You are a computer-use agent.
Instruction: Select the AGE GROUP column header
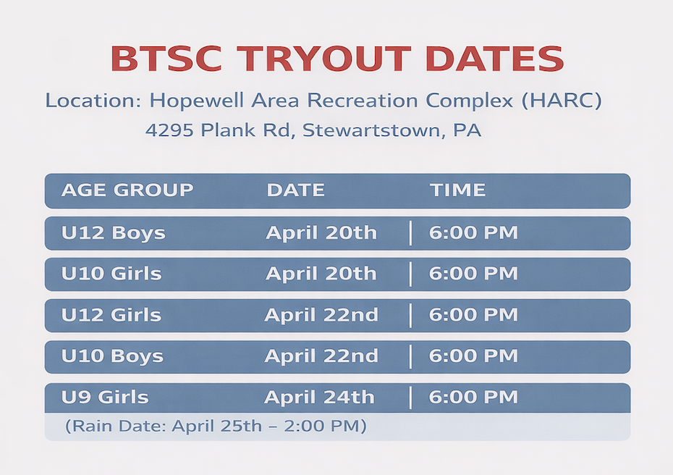click(x=127, y=190)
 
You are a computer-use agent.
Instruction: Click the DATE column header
click(x=295, y=190)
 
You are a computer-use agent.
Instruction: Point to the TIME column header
click(x=457, y=190)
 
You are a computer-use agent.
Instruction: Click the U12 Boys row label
click(x=113, y=233)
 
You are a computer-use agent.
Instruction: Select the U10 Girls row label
click(x=111, y=274)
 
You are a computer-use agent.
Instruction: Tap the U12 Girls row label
click(x=111, y=315)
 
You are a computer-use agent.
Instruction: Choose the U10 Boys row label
click(x=112, y=356)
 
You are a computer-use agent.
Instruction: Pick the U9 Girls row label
click(x=105, y=397)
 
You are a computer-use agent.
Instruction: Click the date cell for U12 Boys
click(x=321, y=233)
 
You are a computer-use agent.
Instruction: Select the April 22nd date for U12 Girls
click(x=321, y=315)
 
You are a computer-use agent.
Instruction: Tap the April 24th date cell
click(x=319, y=397)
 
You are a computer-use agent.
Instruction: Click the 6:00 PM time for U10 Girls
click(x=473, y=274)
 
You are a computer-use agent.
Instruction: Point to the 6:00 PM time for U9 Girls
click(x=473, y=397)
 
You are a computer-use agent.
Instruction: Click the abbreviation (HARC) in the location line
click(x=561, y=100)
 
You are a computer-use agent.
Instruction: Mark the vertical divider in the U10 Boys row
click(x=410, y=356)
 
